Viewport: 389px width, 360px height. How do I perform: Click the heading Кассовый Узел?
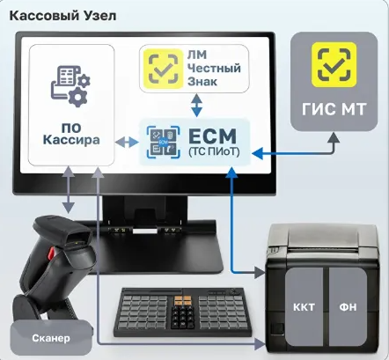point(62,16)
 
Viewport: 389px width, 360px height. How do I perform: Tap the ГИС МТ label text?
point(334,109)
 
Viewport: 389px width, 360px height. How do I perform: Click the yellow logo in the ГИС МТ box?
point(334,64)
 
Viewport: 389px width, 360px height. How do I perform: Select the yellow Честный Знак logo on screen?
point(163,69)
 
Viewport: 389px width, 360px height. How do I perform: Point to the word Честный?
point(214,68)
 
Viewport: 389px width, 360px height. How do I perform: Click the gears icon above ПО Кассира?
point(70,85)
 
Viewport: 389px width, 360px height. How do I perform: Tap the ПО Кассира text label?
point(71,134)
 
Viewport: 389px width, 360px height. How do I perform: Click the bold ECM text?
point(212,136)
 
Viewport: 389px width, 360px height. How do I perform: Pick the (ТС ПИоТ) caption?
point(214,151)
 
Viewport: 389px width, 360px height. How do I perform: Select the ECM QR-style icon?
point(163,142)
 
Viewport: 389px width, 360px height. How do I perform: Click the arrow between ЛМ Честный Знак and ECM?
point(196,105)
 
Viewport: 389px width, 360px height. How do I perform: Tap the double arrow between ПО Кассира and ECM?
point(127,143)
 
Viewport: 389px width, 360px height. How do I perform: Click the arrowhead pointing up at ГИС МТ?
point(334,137)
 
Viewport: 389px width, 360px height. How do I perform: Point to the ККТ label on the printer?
point(304,307)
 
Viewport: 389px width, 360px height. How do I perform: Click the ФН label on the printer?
point(348,307)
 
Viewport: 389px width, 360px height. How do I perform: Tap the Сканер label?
point(51,338)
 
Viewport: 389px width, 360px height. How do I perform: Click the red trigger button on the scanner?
point(52,253)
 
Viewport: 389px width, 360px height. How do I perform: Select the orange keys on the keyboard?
point(183,300)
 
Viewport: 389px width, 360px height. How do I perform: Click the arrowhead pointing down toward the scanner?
point(68,208)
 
